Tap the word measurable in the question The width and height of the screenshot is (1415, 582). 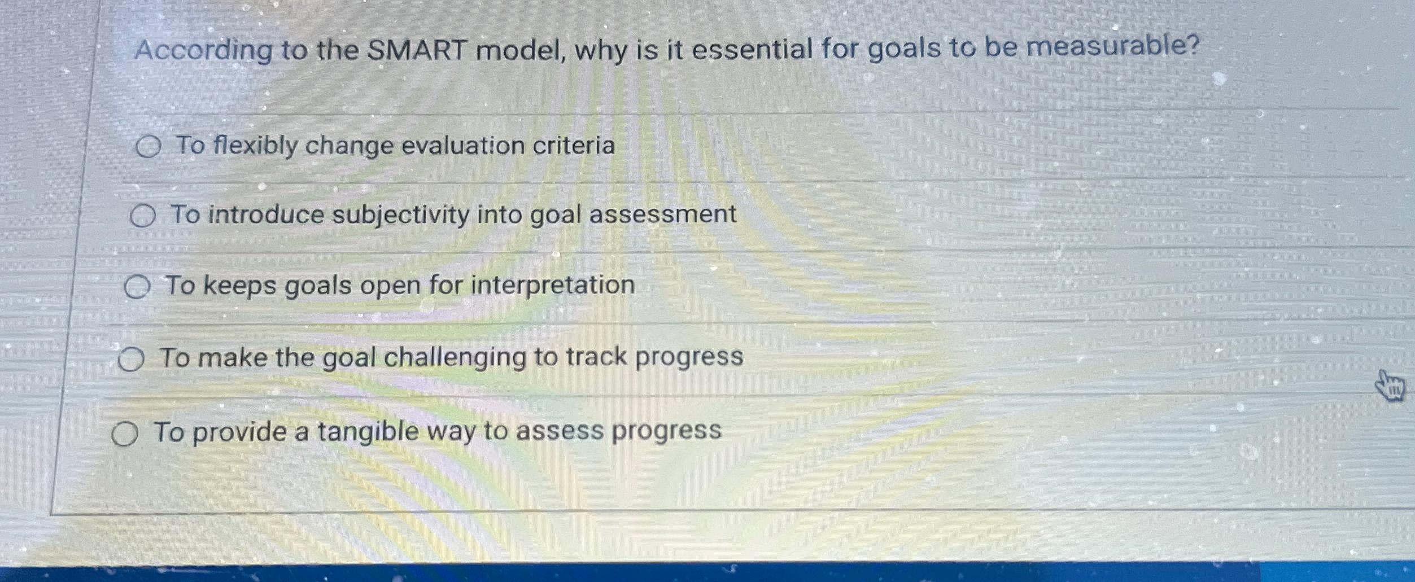1110,46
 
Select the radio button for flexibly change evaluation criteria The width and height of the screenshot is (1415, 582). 149,147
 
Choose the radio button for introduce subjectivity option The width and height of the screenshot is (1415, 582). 143,216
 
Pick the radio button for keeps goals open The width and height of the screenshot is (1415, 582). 137,287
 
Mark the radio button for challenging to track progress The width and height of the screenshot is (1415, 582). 131,360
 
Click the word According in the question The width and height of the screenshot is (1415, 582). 204,51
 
